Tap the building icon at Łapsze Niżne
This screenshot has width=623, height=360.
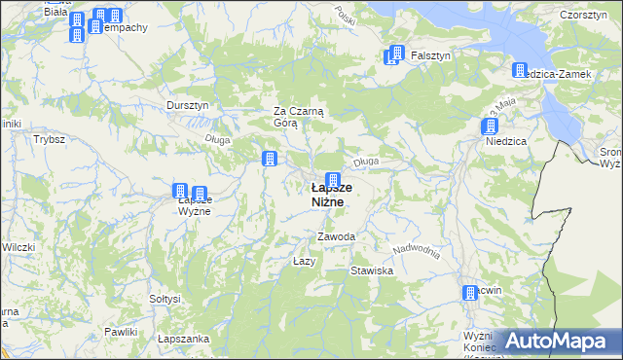click(333, 180)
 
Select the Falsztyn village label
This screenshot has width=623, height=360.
click(429, 55)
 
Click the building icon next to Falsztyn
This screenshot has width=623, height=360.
click(394, 54)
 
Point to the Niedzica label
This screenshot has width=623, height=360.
click(506, 141)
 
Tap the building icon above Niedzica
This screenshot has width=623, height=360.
click(489, 126)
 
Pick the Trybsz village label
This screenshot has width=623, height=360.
click(49, 139)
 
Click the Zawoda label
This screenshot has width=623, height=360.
click(336, 237)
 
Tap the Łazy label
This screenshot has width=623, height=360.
click(304, 262)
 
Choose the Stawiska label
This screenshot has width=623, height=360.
click(372, 270)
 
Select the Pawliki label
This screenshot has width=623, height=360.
click(121, 333)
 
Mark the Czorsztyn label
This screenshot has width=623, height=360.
click(584, 15)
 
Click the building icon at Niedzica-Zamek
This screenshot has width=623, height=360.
click(520, 70)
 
